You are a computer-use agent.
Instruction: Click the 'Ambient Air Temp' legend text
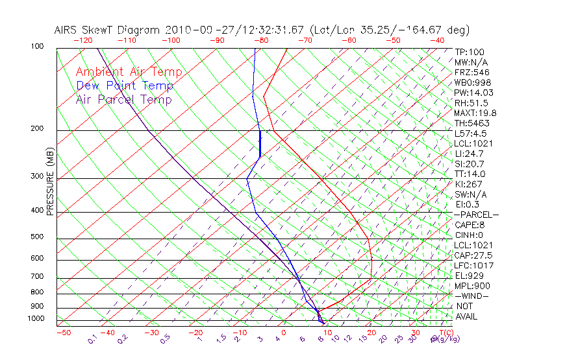[x=129, y=72]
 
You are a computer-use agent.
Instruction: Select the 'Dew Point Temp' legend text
[x=125, y=86]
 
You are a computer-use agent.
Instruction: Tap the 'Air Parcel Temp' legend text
[x=123, y=99]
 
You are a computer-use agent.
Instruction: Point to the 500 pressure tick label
[x=37, y=237]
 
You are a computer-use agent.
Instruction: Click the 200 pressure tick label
[x=37, y=129]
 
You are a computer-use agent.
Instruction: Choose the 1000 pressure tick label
[x=35, y=318]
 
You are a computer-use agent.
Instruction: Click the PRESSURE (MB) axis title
[x=51, y=182]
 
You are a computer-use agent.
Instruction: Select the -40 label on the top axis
[x=437, y=40]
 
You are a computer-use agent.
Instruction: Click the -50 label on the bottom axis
[x=63, y=333]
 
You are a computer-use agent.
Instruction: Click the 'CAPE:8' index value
[x=469, y=225]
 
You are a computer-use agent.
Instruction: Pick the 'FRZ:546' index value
[x=471, y=72]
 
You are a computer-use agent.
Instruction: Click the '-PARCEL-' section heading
[x=476, y=215]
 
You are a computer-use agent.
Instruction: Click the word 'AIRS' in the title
[x=66, y=30]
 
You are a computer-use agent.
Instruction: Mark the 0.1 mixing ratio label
[x=93, y=338]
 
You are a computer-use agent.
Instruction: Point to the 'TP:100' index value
[x=470, y=52]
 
